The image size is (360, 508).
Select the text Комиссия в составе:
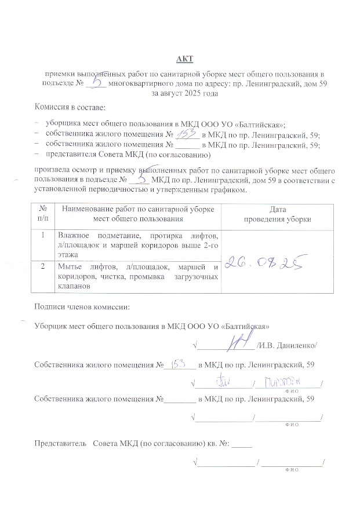[70, 108]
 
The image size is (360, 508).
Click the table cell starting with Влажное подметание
[137, 242]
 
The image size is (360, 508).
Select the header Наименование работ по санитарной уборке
[137, 209]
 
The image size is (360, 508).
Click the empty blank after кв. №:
[244, 444]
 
